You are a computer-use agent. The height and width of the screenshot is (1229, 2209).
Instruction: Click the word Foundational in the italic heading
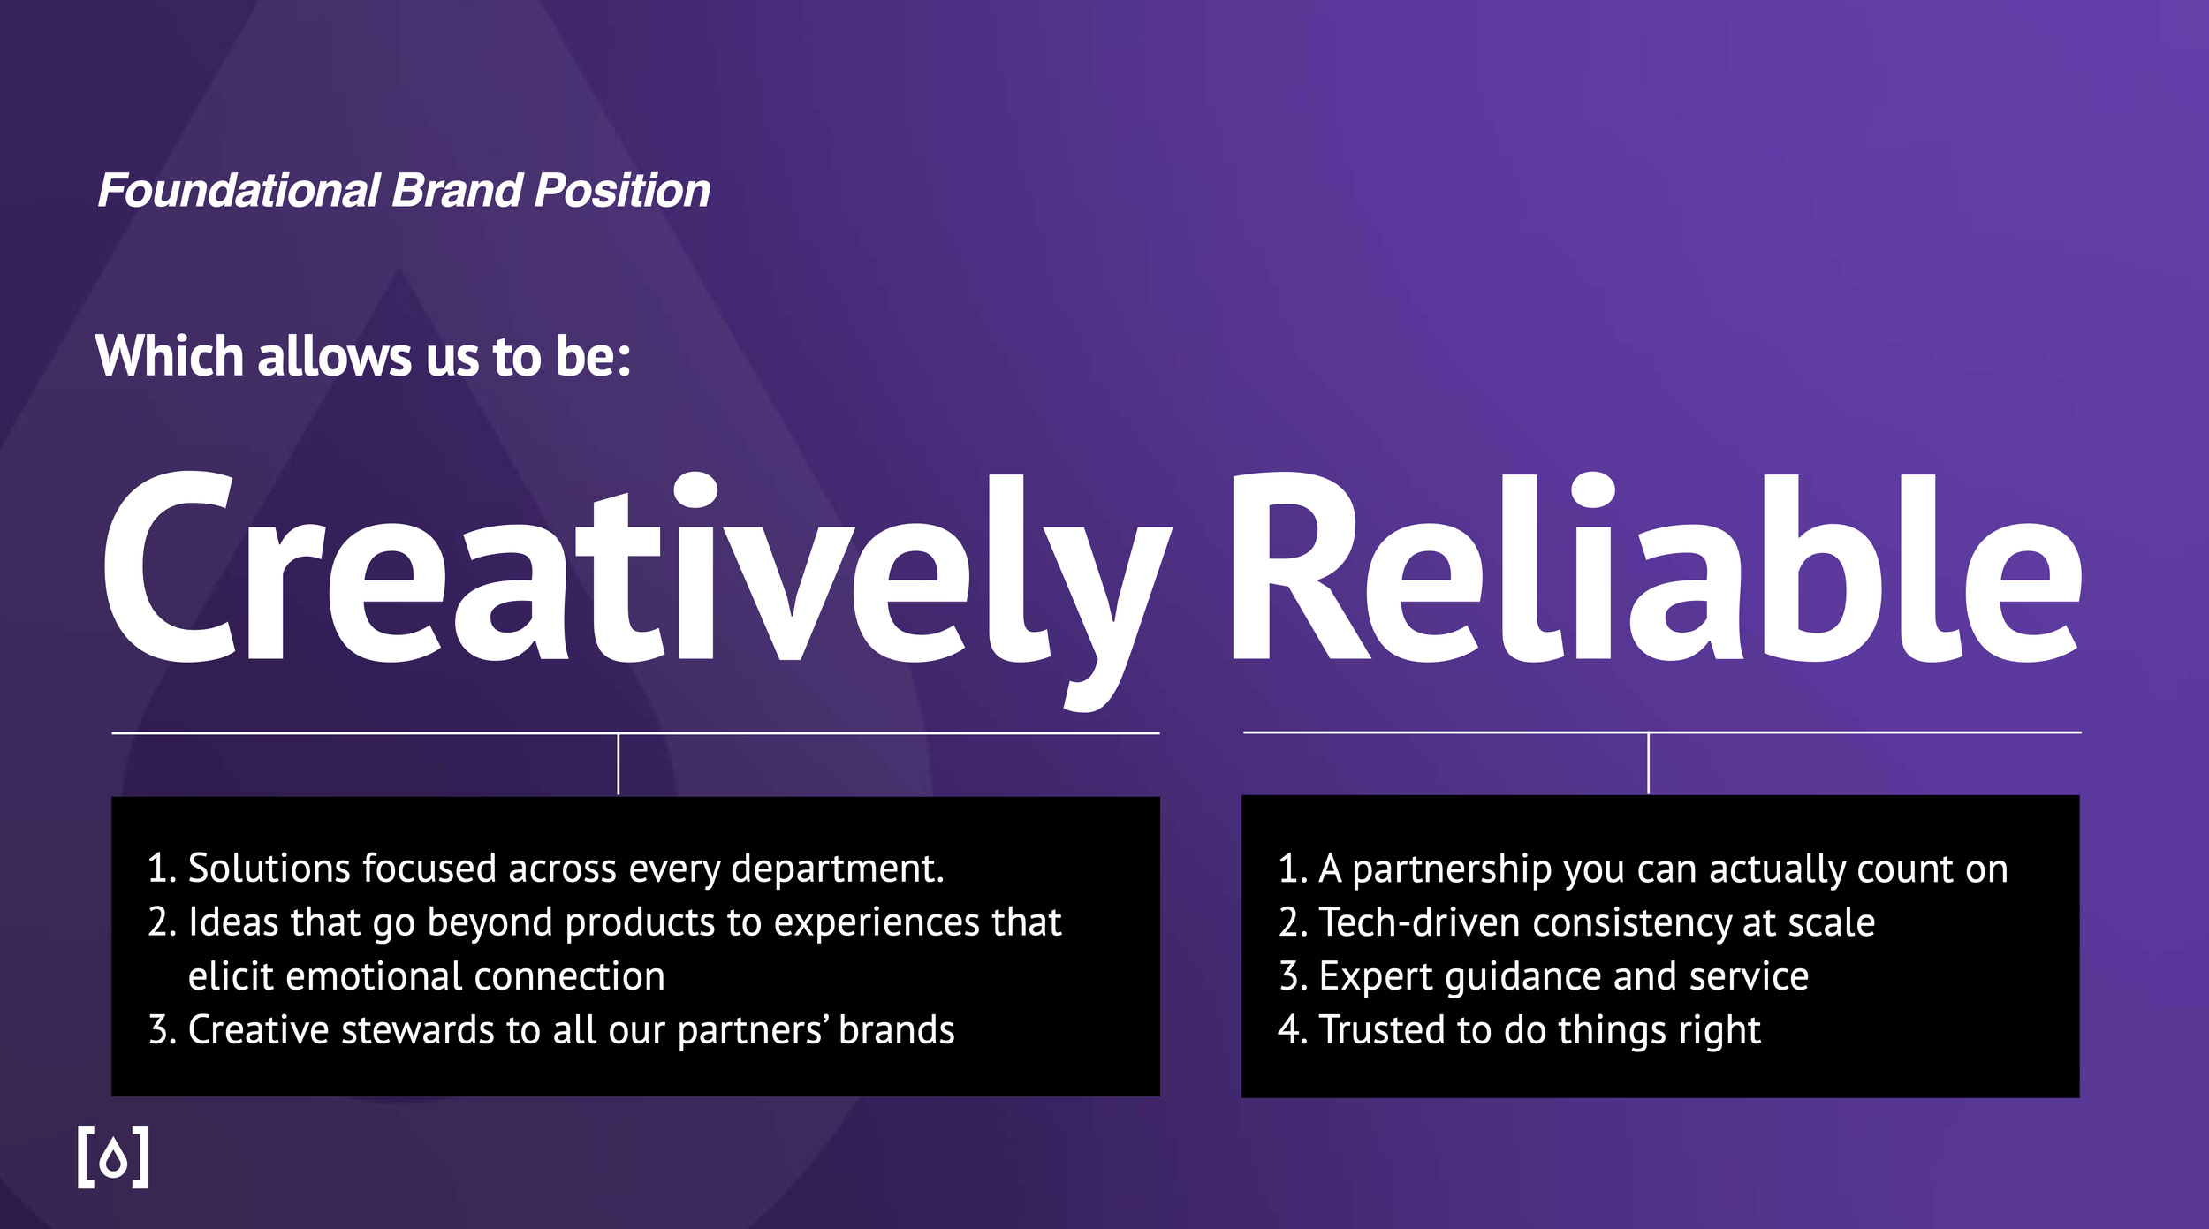(x=239, y=192)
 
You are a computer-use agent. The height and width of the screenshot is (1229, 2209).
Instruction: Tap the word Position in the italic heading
(x=622, y=192)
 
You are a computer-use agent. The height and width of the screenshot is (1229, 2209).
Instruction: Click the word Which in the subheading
(x=169, y=356)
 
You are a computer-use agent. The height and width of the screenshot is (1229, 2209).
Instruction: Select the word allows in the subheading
(x=334, y=356)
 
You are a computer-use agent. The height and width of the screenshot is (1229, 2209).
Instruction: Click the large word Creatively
(x=636, y=570)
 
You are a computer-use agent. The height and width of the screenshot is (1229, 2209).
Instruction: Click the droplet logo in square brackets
(x=113, y=1157)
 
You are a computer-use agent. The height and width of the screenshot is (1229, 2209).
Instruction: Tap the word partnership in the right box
(x=1452, y=869)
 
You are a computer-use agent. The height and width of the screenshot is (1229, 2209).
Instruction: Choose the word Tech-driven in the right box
(x=1420, y=923)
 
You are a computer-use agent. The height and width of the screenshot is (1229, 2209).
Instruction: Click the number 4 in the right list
(x=1288, y=1030)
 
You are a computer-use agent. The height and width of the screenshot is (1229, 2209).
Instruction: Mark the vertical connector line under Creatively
(x=619, y=764)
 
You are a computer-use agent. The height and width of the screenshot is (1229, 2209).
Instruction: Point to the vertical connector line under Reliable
(x=1648, y=763)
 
